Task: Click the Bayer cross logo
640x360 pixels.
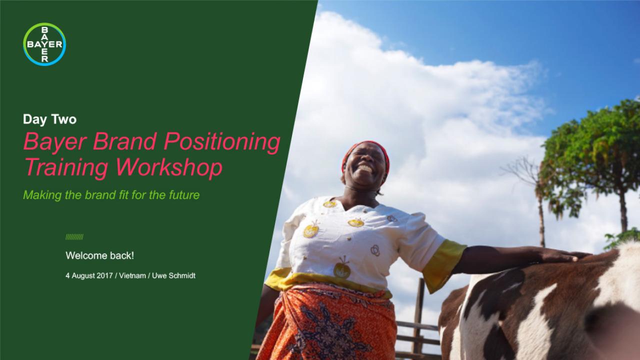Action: [x=44, y=44]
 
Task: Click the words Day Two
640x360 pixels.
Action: [x=49, y=119]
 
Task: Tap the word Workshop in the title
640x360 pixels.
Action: [x=169, y=167]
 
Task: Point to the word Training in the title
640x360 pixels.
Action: [x=66, y=167]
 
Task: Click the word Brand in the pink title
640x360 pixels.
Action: [x=125, y=141]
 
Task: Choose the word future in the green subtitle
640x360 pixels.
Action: [x=184, y=195]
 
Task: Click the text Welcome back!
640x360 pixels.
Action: [x=99, y=255]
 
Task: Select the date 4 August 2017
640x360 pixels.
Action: [x=89, y=275]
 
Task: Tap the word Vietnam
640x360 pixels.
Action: [x=132, y=275]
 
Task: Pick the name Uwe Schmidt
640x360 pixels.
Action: [x=173, y=275]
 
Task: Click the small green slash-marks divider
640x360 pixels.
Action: [x=74, y=237]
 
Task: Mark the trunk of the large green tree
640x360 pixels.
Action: [x=622, y=211]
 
